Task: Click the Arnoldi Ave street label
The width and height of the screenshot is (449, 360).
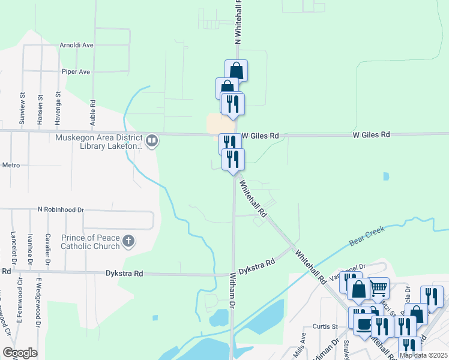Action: (x=77, y=45)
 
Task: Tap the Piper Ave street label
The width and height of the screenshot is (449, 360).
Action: (x=76, y=72)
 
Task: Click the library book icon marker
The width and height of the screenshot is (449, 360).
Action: (x=152, y=141)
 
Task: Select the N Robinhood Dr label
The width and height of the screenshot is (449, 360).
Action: (x=61, y=210)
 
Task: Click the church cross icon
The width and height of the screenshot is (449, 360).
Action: (x=128, y=242)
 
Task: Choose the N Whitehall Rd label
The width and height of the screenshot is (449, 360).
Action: (x=238, y=24)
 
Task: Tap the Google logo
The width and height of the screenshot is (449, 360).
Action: (x=20, y=353)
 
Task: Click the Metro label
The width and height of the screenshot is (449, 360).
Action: (x=11, y=165)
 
